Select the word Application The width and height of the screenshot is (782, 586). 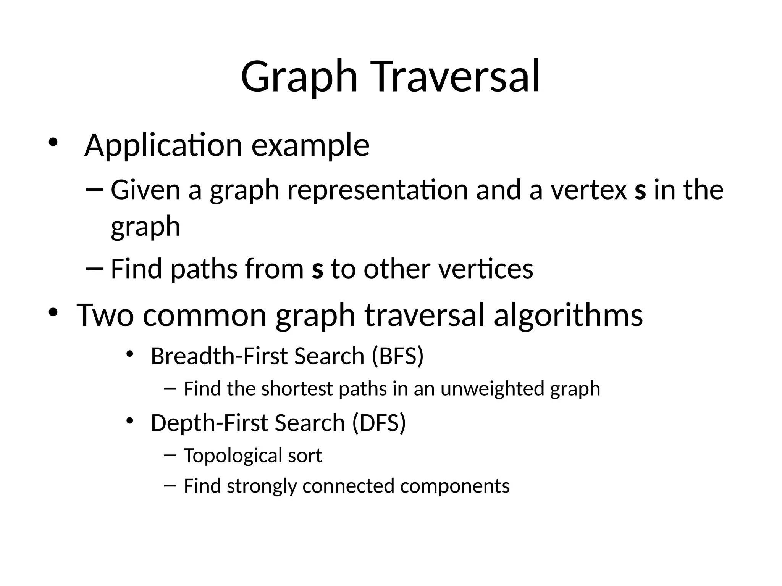pos(163,146)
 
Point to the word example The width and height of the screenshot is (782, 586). pos(310,146)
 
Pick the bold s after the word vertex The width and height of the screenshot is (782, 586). pos(640,191)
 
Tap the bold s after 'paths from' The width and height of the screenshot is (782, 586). pos(317,269)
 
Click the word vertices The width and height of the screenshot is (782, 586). pos(485,269)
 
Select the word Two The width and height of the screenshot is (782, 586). pos(105,315)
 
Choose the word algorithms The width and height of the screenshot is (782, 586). pos(568,315)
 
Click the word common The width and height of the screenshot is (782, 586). pos(204,316)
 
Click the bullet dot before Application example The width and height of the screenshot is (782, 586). pos(53,142)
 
